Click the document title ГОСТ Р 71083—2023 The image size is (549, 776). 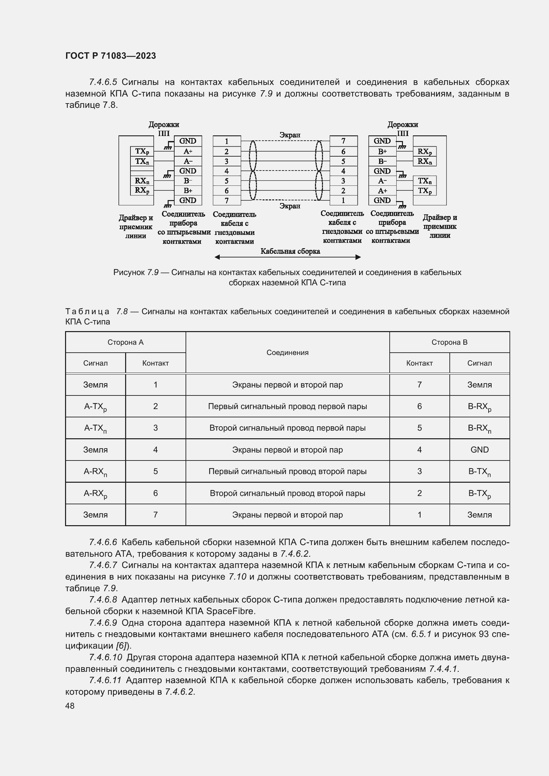111,56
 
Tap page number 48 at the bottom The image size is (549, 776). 70,706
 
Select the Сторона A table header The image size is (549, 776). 125,342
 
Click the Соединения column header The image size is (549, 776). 287,353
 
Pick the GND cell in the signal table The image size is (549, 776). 479,450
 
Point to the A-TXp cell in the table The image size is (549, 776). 95,407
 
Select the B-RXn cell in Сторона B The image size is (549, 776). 479,428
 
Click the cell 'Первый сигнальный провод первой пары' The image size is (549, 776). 287,406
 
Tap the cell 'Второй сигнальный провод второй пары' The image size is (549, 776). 287,493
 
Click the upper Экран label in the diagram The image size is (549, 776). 290,135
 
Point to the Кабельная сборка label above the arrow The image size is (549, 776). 290,251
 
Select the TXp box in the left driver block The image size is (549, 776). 142,151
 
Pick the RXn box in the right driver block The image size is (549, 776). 425,161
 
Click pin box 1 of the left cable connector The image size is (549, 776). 226,141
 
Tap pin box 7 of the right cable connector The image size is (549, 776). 343,141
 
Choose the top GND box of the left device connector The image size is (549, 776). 188,141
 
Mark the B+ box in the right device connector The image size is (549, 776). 382,151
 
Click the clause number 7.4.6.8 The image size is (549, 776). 103,600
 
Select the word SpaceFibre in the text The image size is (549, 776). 230,611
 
